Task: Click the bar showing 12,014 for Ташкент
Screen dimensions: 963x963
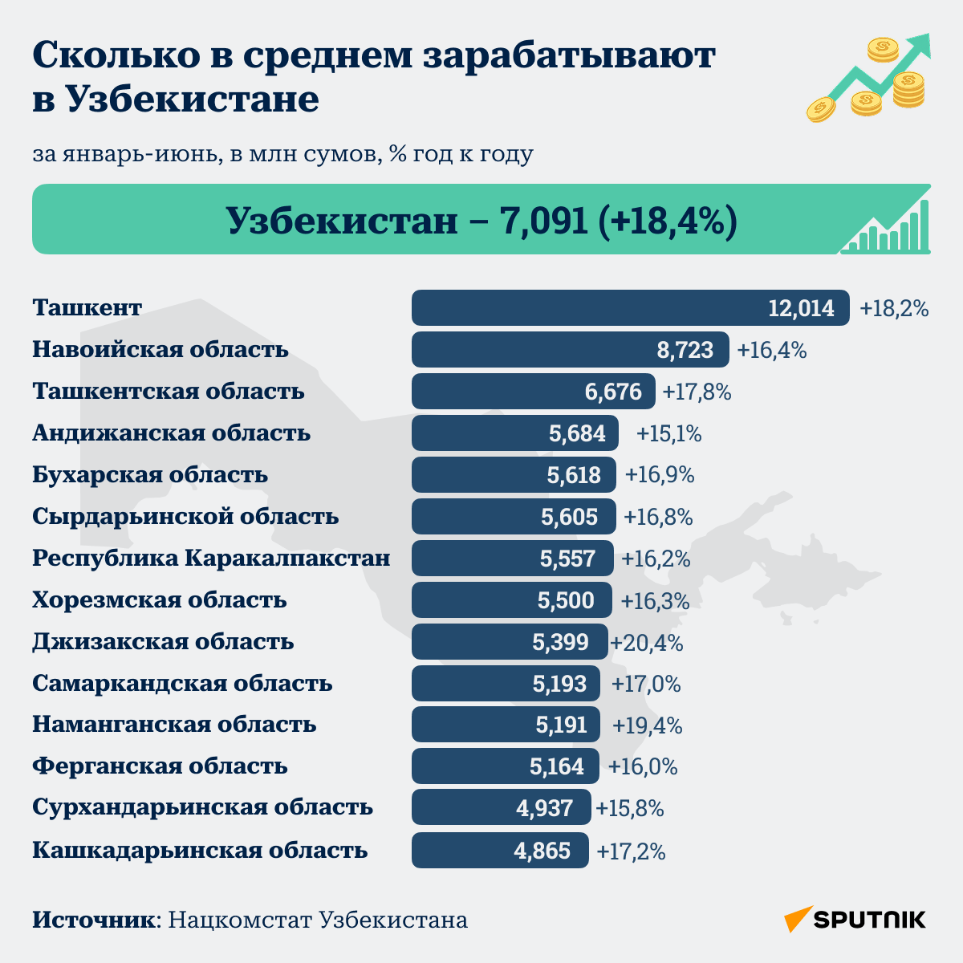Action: click(630, 308)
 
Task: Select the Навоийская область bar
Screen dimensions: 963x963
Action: click(571, 349)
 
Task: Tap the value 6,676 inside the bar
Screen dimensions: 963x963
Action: click(613, 392)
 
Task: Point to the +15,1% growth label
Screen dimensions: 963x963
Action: click(668, 433)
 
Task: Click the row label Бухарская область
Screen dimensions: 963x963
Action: click(150, 475)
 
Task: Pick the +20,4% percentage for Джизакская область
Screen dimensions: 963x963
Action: click(646, 642)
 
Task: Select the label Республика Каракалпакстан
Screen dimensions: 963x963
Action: click(211, 559)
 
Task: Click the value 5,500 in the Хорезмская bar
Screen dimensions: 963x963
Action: click(566, 600)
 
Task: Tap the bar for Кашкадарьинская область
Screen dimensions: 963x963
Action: click(500, 850)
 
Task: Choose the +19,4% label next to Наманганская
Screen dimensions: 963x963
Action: click(647, 725)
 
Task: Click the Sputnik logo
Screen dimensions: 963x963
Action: click(855, 920)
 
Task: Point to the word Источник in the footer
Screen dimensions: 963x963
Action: click(94, 920)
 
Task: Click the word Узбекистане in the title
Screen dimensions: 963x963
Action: click(192, 99)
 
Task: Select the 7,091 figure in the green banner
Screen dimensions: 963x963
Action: click(544, 221)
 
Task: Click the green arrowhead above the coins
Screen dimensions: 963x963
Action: click(920, 45)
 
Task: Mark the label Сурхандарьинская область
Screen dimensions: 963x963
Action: click(202, 807)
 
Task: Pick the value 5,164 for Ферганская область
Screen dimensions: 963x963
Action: click(557, 766)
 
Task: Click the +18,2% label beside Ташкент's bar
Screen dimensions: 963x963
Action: click(894, 308)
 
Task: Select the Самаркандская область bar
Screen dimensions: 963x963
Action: click(506, 683)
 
